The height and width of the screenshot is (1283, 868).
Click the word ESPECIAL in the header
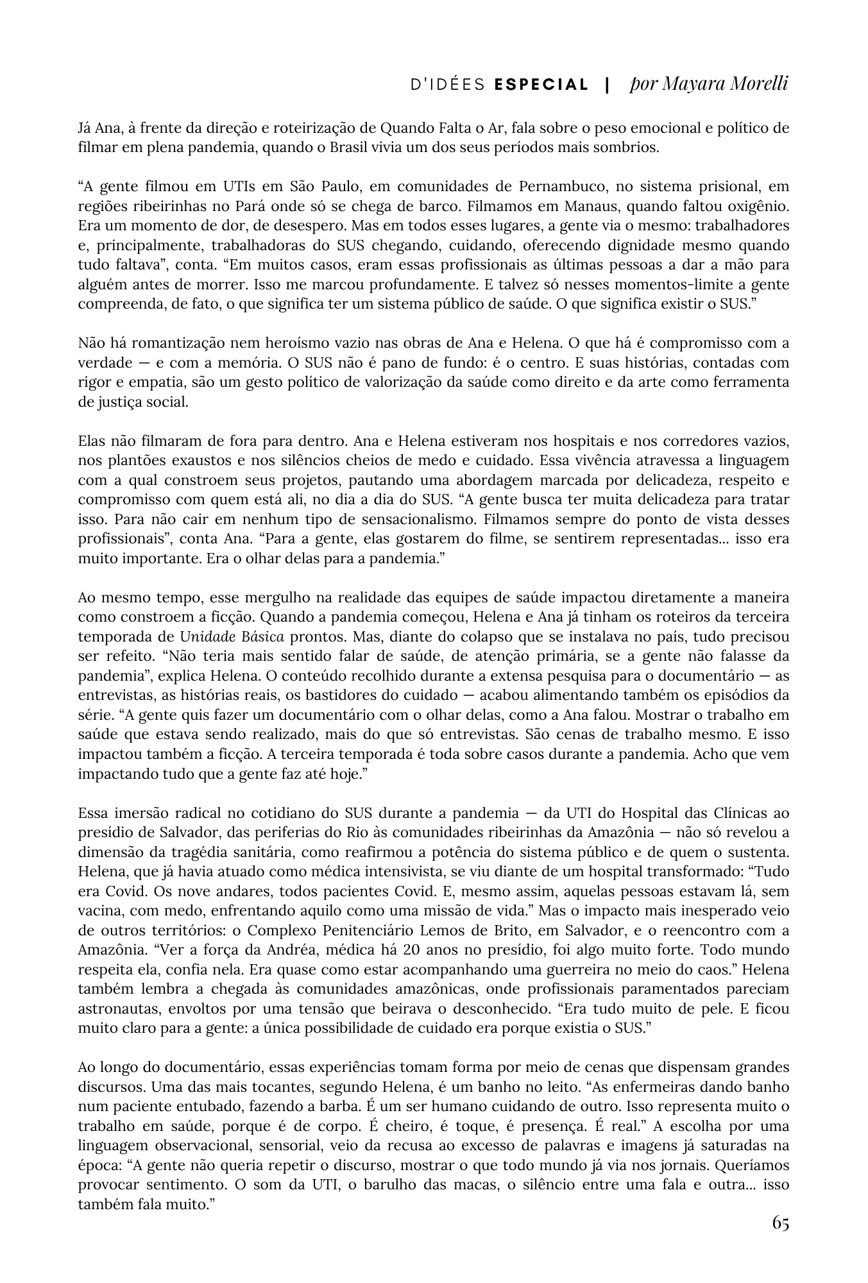click(541, 85)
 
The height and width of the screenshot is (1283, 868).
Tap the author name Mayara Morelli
click(709, 84)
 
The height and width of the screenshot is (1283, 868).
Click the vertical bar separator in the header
click(607, 85)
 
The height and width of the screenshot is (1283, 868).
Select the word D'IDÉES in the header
click(448, 85)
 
